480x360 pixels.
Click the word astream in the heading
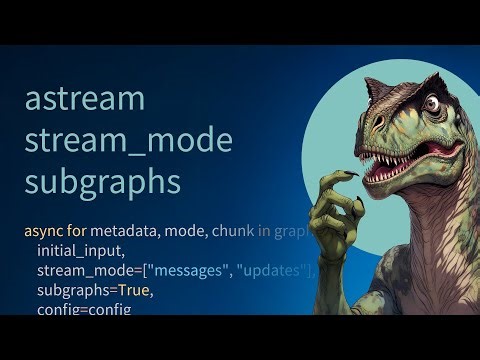pyautogui.click(x=85, y=99)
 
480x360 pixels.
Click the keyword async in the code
pyautogui.click(x=43, y=231)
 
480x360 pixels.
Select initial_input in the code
pyautogui.click(x=81, y=251)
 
